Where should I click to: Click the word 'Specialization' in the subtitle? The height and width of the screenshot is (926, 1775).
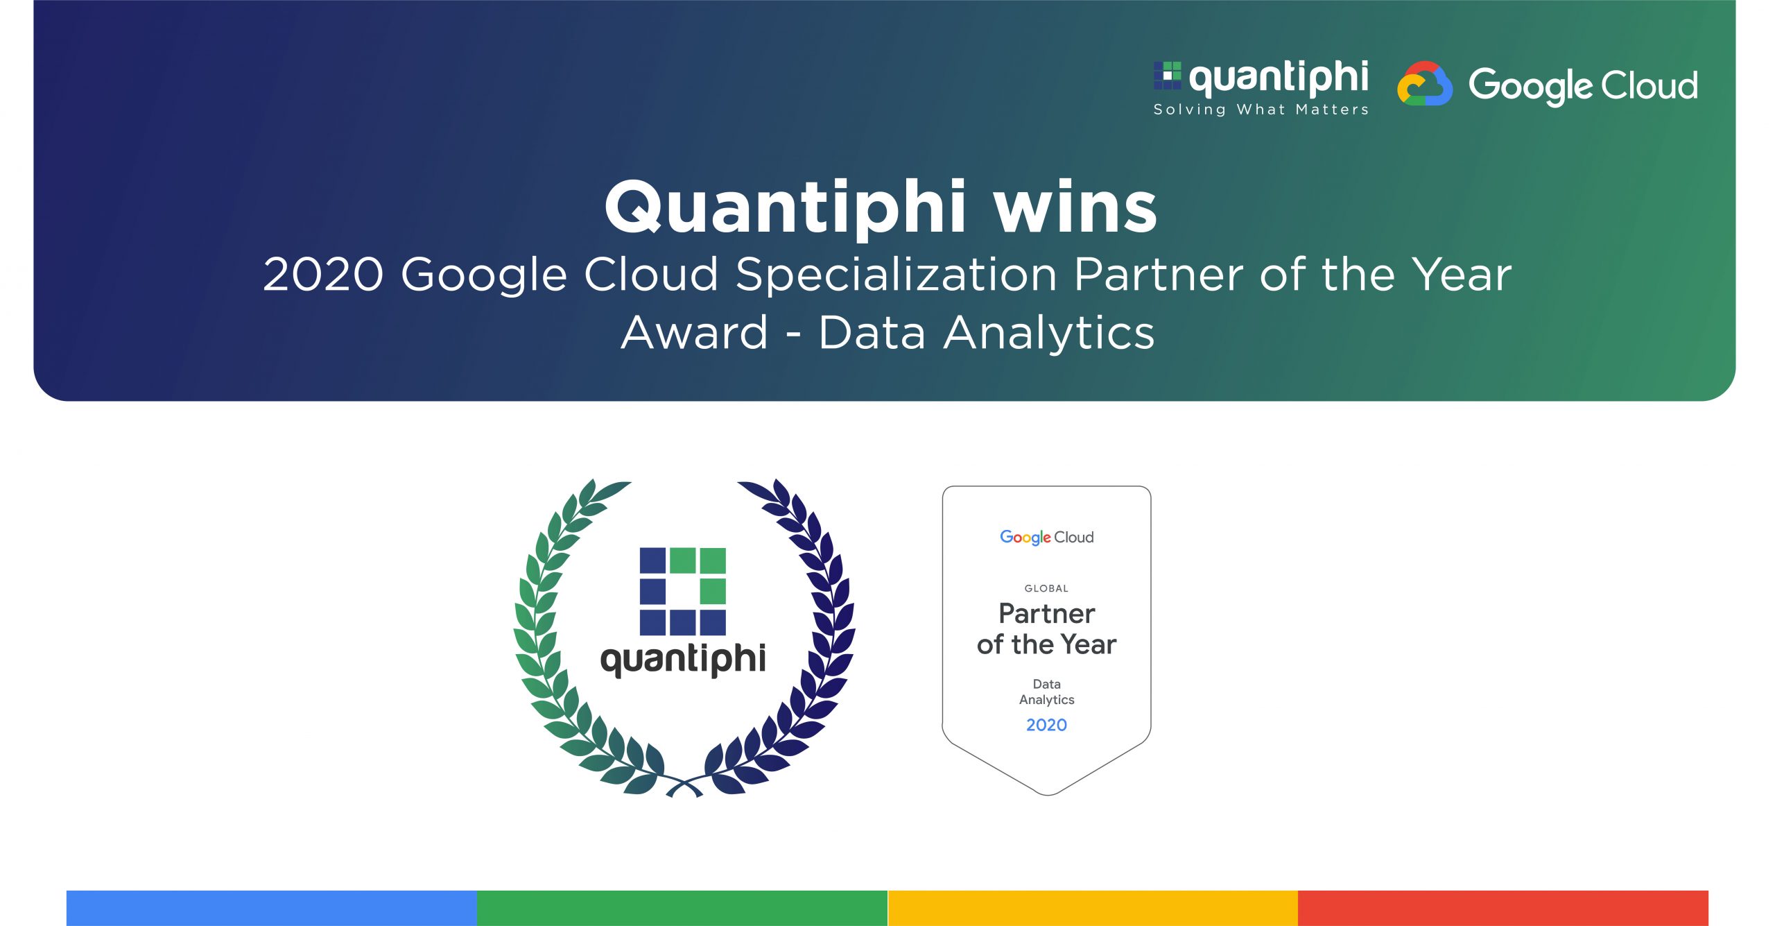click(x=896, y=275)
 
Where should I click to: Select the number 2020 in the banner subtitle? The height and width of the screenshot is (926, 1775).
click(x=323, y=275)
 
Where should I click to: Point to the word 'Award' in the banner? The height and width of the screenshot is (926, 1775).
click(x=695, y=333)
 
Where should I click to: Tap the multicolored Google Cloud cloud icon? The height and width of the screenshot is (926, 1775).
click(x=1424, y=85)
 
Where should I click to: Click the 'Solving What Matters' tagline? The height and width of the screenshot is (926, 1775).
click(x=1261, y=110)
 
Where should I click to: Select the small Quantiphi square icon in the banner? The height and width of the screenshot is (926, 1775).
click(x=1167, y=76)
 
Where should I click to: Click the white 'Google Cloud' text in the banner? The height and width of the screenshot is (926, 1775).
click(x=1583, y=86)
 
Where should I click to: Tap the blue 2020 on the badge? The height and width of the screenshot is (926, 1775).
click(x=1046, y=725)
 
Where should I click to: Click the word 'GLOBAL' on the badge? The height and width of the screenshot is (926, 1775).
click(x=1046, y=588)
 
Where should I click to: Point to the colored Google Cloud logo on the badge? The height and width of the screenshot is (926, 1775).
click(x=1046, y=538)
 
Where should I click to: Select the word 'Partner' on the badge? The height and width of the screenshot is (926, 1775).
click(x=1046, y=614)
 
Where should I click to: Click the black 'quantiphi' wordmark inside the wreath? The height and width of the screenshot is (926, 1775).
click(x=683, y=659)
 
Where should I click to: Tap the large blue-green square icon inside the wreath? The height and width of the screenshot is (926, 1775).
click(x=682, y=591)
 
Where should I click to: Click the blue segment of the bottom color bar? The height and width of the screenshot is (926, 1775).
click(x=271, y=907)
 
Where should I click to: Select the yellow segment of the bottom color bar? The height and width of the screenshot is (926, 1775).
click(x=1093, y=907)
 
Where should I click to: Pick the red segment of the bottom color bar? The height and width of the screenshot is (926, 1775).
click(x=1503, y=907)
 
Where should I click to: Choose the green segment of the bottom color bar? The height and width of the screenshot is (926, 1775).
click(x=682, y=907)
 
